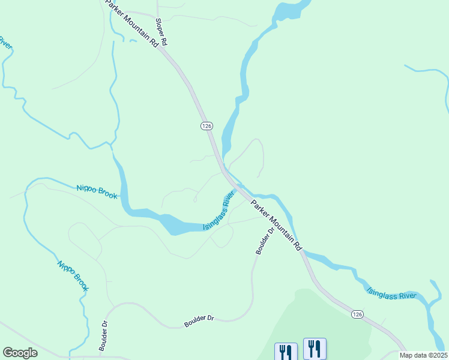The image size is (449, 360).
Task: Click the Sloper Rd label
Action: pyautogui.click(x=161, y=32)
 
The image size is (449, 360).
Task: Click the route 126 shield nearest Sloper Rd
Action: pyautogui.click(x=206, y=125)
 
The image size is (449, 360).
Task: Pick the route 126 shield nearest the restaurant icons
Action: pyautogui.click(x=357, y=314)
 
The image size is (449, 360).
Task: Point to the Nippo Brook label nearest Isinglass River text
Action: pyautogui.click(x=97, y=192)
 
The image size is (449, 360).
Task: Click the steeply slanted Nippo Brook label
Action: pyautogui.click(x=73, y=275)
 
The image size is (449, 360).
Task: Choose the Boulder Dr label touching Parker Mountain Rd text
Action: pyautogui.click(x=264, y=240)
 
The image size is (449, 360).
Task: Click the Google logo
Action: pyautogui.click(x=20, y=353)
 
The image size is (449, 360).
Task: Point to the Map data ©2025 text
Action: pyautogui.click(x=423, y=355)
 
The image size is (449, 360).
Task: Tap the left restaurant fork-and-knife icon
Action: pyautogui.click(x=286, y=351)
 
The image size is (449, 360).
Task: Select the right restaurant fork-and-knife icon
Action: pyautogui.click(x=315, y=348)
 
